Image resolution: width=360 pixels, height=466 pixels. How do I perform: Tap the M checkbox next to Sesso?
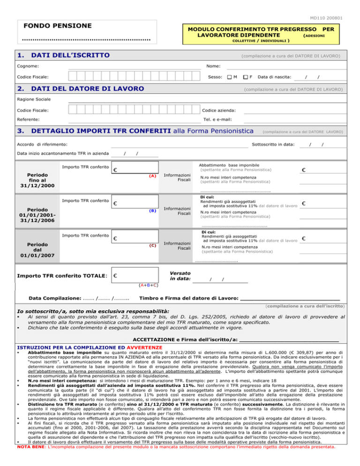[x=228, y=77]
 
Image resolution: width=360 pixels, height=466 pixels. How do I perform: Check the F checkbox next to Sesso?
[x=245, y=77]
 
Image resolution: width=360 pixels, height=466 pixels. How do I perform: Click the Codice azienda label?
[x=218, y=110]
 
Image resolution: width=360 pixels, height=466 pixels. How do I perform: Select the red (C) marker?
[x=152, y=245]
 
